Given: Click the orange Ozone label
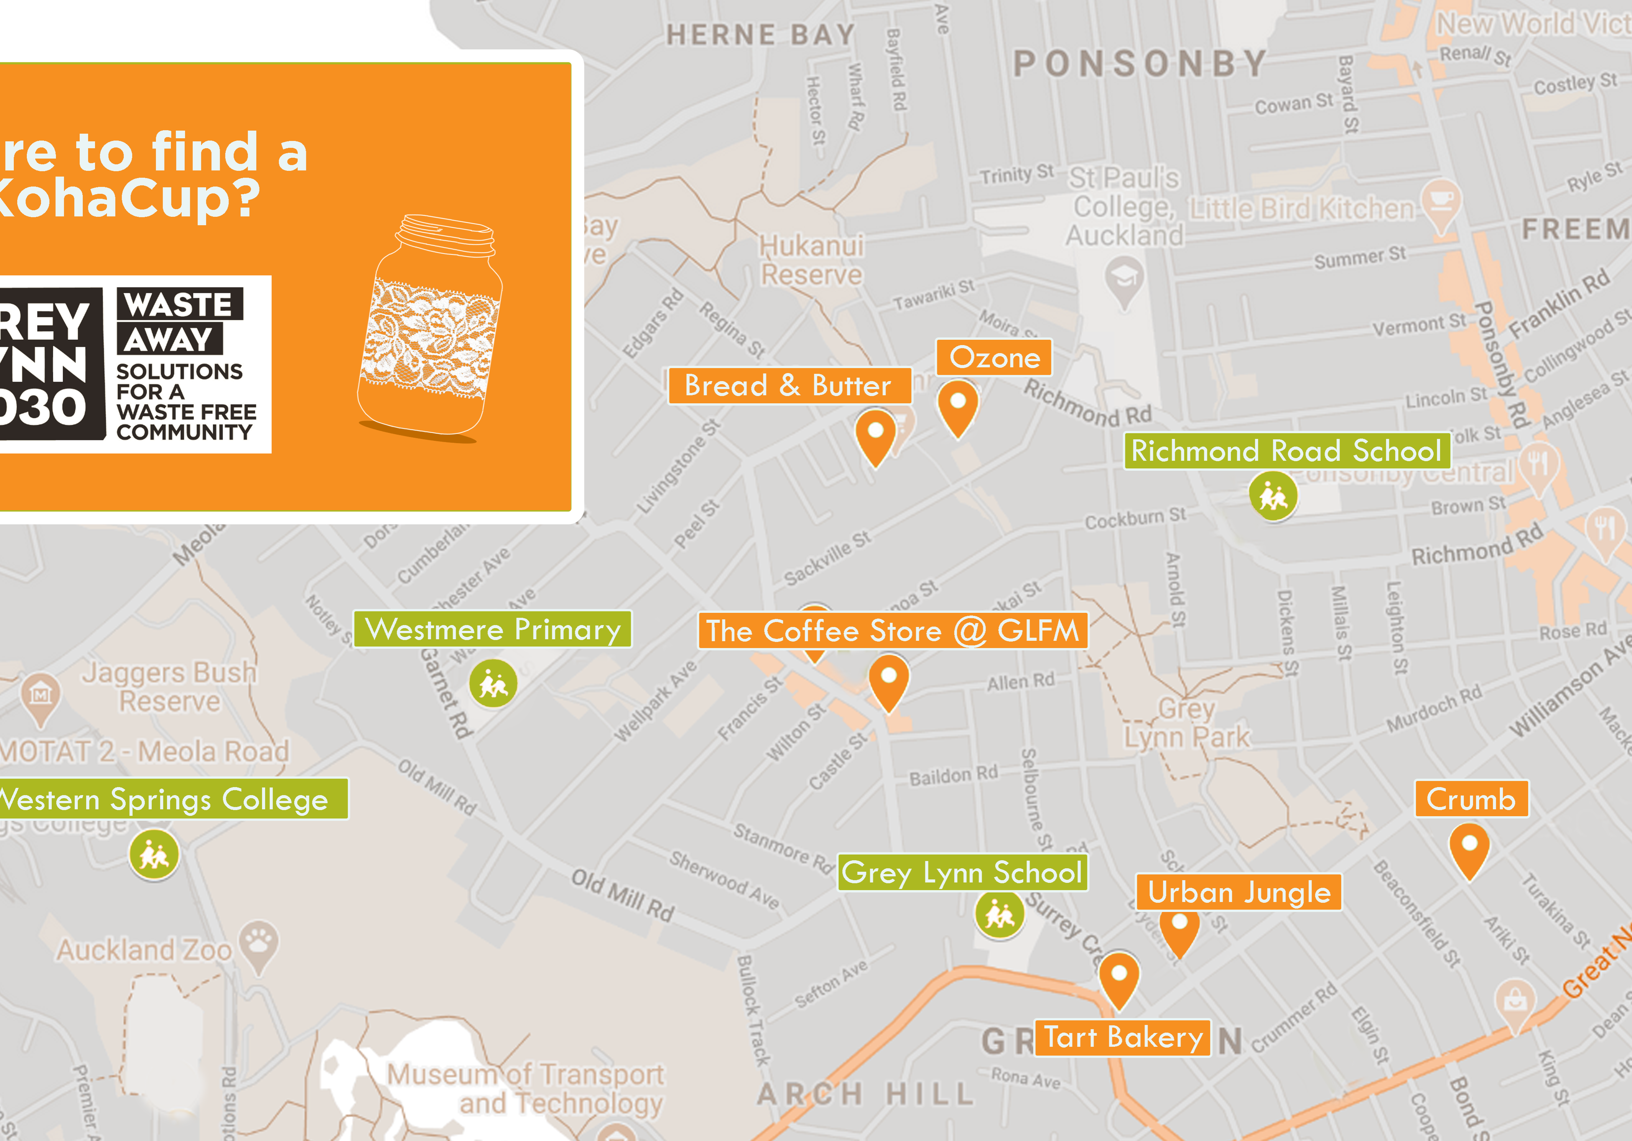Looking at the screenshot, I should pos(994,357).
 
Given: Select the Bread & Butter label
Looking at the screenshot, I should pos(788,386).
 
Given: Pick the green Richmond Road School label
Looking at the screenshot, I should pos(1286,450).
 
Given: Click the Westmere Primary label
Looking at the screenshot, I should pos(492,629).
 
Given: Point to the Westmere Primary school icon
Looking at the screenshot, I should pos(492,683).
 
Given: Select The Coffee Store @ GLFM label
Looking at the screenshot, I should pos(892,631).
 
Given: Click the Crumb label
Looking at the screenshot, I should pos(1471,799).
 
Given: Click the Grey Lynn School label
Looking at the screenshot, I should pos(962,873).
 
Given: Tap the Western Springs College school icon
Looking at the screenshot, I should pos(154,855).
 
